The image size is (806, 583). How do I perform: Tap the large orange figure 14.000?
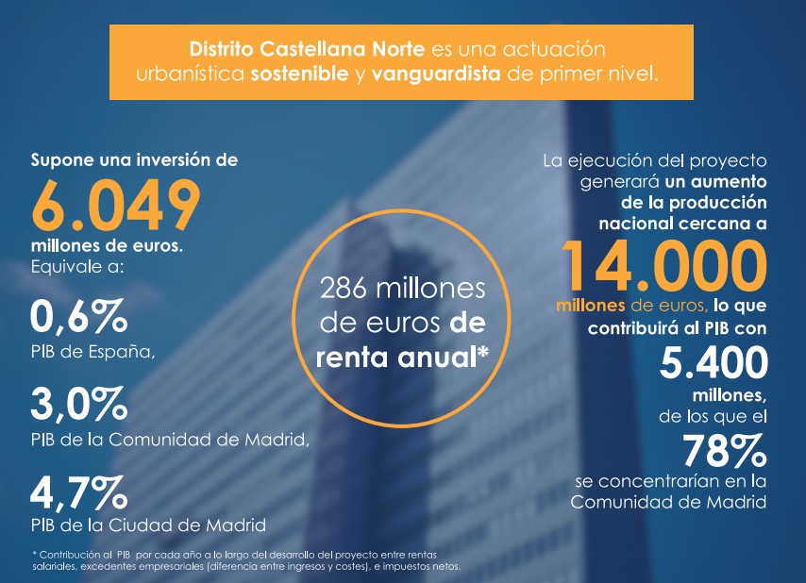(661, 265)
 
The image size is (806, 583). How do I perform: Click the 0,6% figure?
(78, 316)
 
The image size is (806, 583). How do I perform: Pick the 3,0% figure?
(78, 405)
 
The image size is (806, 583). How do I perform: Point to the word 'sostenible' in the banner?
(299, 73)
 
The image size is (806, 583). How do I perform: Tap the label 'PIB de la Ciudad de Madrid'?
(148, 525)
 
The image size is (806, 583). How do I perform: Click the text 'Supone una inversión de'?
(134, 159)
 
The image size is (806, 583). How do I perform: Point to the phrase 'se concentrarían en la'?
(670, 481)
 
